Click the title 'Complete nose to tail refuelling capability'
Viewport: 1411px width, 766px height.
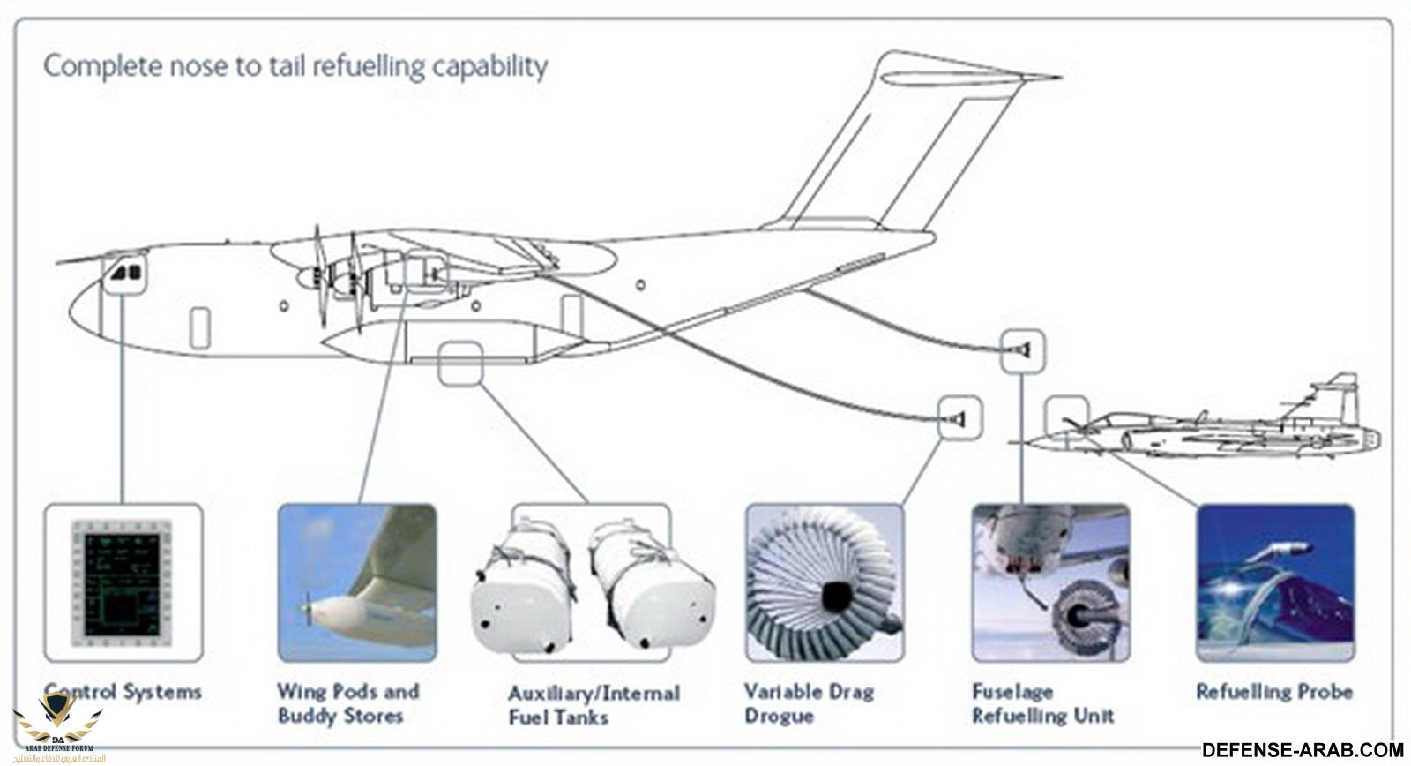(x=295, y=66)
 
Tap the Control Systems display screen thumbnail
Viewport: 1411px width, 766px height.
(x=123, y=582)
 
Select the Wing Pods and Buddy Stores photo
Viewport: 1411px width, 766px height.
(x=357, y=582)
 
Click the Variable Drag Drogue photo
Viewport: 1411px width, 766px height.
(x=825, y=582)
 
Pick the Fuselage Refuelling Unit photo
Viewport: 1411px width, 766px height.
(x=1050, y=582)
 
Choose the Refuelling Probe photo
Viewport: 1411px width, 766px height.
(x=1275, y=582)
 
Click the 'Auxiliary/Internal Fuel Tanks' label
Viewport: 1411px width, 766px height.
(x=594, y=705)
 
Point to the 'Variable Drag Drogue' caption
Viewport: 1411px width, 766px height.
(x=809, y=703)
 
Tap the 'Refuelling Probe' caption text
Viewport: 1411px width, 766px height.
(x=1274, y=692)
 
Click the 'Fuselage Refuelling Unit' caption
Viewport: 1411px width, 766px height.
(x=1042, y=703)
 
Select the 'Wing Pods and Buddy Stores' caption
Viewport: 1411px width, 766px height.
(x=348, y=703)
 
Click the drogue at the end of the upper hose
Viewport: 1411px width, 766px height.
(x=1021, y=351)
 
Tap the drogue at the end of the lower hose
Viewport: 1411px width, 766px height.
(x=960, y=417)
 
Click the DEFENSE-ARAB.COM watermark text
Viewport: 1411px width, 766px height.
(x=1302, y=750)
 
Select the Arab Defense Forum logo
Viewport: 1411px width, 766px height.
(x=57, y=728)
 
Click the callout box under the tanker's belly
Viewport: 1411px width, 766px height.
(x=460, y=363)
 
